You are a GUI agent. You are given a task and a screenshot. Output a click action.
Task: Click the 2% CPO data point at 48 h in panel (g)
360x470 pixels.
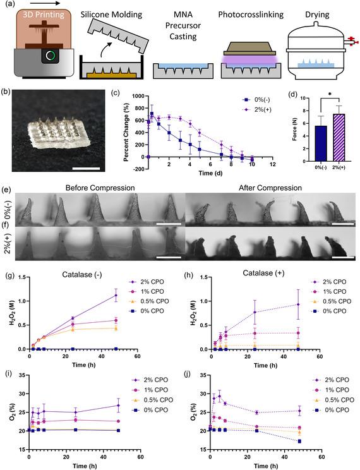(x=116, y=295)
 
